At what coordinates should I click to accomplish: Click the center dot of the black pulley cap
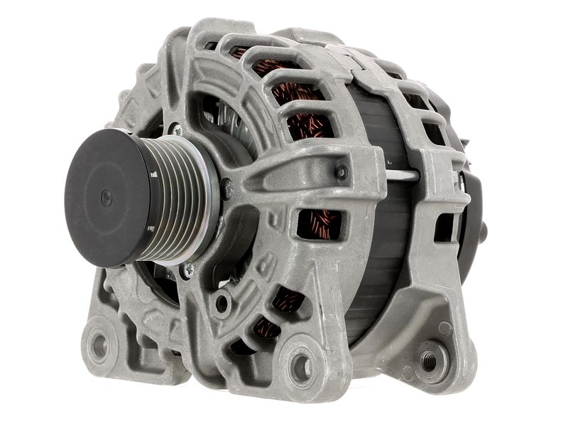coord(106,197)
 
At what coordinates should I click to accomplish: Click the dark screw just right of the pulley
coord(226,188)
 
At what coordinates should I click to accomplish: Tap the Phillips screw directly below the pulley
coord(189,269)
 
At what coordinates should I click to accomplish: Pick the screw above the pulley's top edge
coord(175,131)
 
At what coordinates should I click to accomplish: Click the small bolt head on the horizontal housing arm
coord(342,171)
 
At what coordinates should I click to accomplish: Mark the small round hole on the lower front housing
coord(223,304)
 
